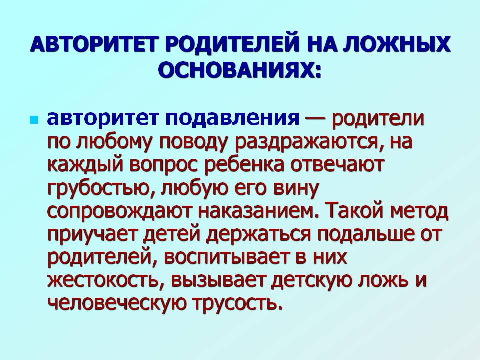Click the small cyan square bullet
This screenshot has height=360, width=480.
pyautogui.click(x=33, y=119)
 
